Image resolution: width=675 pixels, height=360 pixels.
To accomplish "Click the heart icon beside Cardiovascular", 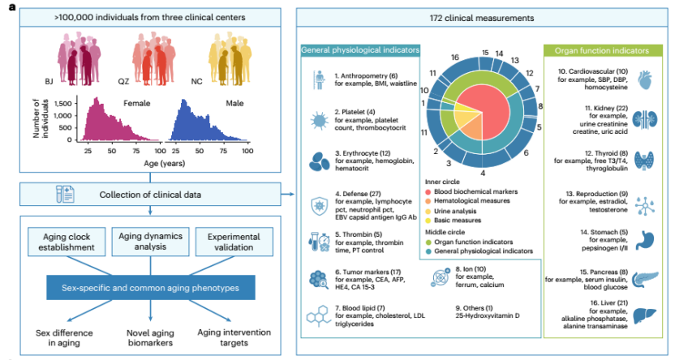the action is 644,80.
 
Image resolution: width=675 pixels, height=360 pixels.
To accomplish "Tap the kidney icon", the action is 644,120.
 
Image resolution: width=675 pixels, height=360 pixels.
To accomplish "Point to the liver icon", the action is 644,316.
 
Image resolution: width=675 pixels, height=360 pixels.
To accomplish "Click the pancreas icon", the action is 645,279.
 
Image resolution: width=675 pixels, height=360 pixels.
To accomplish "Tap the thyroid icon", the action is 644,161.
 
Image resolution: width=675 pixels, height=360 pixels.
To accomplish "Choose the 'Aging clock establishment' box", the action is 67,242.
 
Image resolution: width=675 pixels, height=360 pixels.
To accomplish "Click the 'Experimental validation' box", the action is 234,242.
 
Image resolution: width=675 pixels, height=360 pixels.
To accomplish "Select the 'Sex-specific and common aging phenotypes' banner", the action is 150,288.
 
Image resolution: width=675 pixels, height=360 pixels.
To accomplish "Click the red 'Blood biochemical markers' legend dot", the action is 428,192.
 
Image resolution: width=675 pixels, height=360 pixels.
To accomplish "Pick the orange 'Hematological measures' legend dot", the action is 428,201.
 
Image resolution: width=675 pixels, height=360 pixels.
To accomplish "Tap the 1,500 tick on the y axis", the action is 62,104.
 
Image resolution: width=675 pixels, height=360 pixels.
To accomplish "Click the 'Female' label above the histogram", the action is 137,103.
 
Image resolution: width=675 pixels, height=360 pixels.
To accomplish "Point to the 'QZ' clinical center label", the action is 123,81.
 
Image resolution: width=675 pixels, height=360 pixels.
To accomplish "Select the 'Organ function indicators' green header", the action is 603,51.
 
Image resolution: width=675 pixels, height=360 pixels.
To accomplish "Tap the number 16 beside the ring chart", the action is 455,58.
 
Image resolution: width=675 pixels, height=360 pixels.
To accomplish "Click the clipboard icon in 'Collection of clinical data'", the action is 65,194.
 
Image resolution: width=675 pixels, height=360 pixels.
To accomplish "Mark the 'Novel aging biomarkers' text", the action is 150,337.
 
